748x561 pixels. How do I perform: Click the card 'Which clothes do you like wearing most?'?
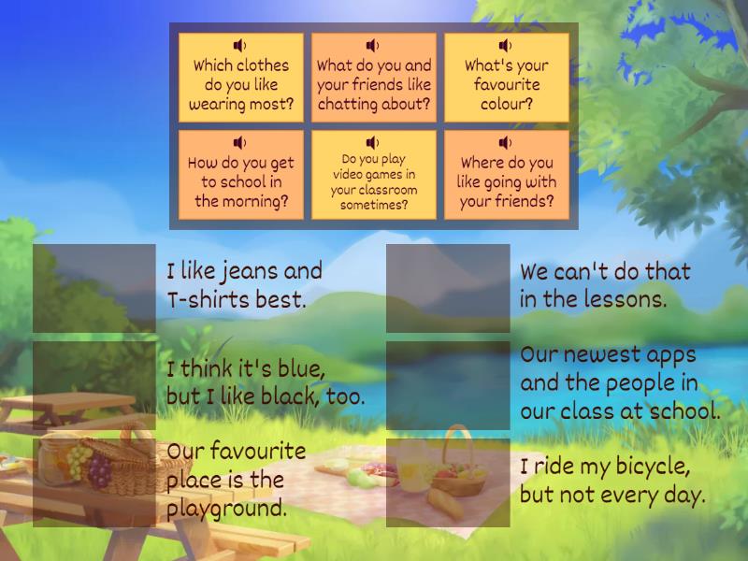coord(241,78)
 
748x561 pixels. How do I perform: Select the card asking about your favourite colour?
coord(507,78)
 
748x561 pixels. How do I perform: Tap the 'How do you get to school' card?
coord(241,175)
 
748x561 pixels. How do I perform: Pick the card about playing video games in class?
coord(373,175)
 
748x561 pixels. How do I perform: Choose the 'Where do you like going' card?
coord(507,175)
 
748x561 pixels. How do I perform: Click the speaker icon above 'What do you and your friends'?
coord(372,45)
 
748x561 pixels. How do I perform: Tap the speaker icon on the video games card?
coord(372,142)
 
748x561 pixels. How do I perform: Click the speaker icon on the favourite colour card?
coord(505,45)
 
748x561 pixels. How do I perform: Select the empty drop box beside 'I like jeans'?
coord(94,288)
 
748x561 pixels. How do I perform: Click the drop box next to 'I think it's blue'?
coord(94,385)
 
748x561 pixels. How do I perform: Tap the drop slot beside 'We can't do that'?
coord(448,288)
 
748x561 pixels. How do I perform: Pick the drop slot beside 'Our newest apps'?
coord(448,385)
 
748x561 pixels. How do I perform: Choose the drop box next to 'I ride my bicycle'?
coord(448,482)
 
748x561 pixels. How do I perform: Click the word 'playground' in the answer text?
coord(226,509)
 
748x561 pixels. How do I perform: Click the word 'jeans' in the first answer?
coord(250,272)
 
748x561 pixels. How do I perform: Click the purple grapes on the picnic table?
coord(99,471)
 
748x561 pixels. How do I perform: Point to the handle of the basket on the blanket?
coord(456,441)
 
